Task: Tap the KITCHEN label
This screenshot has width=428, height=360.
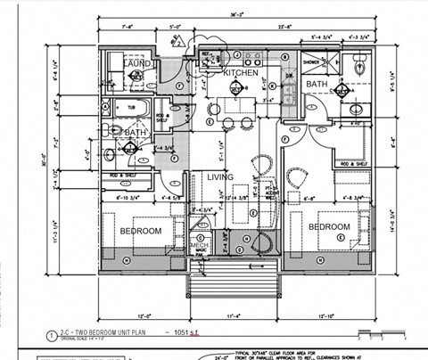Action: click(240, 72)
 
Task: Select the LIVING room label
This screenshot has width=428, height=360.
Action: click(220, 177)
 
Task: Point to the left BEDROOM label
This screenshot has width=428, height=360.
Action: click(141, 231)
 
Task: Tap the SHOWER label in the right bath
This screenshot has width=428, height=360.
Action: click(311, 62)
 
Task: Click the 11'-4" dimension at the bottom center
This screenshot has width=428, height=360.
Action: click(235, 315)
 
